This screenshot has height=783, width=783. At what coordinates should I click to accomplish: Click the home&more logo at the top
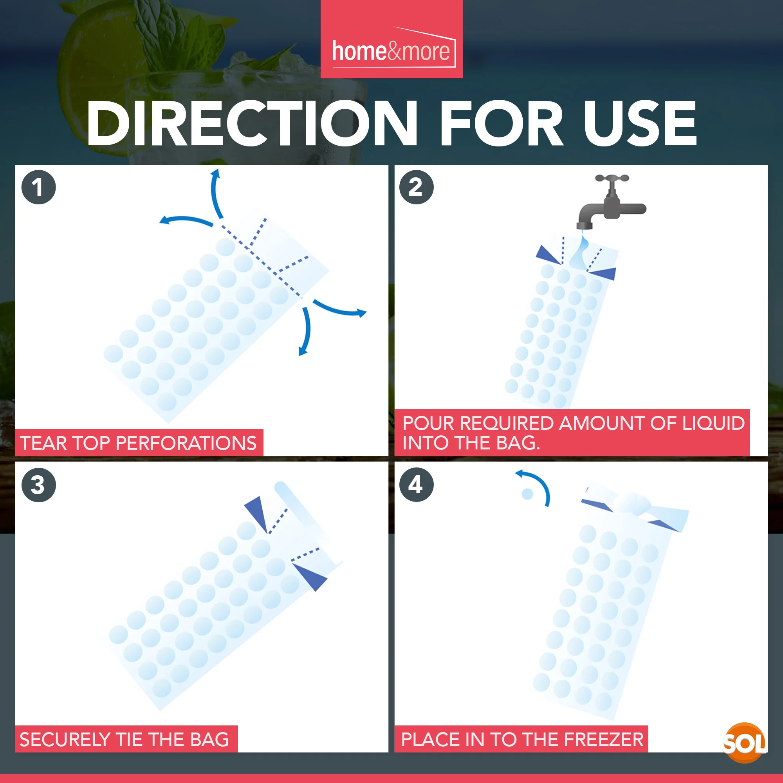pyautogui.click(x=391, y=51)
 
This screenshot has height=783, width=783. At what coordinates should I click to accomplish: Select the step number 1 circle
pyautogui.click(x=38, y=187)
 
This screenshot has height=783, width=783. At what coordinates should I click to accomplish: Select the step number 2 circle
pyautogui.click(x=416, y=187)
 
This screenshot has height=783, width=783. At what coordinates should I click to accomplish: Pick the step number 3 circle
pyautogui.click(x=38, y=485)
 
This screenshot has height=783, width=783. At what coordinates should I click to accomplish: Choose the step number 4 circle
pyautogui.click(x=416, y=485)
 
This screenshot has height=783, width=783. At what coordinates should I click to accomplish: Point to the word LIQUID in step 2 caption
pyautogui.click(x=713, y=423)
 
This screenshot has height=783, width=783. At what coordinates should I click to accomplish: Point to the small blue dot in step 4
pyautogui.click(x=527, y=494)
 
